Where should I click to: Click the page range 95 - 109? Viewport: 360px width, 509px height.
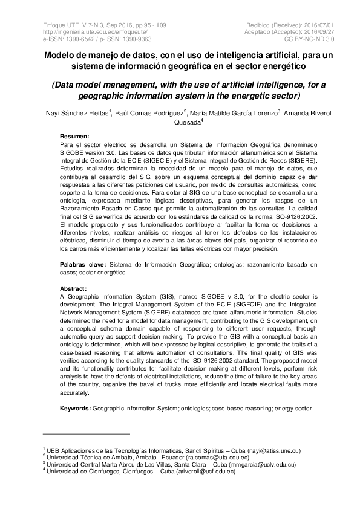pyautogui.click(x=157, y=24)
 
